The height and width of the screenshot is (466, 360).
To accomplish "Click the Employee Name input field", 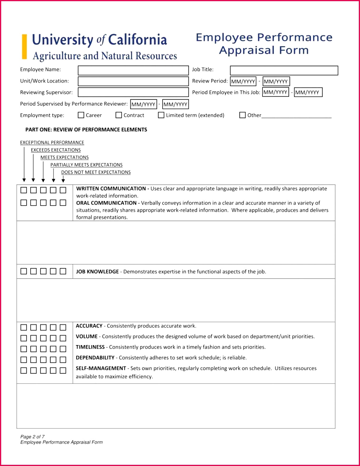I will coord(133,70).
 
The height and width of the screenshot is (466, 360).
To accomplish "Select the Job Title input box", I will coord(284,70).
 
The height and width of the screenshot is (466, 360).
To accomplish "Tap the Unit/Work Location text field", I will coord(133,81).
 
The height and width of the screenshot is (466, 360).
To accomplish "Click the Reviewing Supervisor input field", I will coord(133,92).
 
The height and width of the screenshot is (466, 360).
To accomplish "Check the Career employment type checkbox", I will coord(81,115).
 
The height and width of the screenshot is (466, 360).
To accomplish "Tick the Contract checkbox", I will coord(119,115).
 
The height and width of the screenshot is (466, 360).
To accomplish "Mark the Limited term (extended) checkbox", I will coord(161,115).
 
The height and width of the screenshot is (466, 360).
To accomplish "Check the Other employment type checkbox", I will coord(243,115).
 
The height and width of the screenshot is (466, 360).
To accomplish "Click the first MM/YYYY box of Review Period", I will coord(243,81).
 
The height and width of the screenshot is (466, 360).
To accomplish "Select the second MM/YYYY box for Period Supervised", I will coord(175,104).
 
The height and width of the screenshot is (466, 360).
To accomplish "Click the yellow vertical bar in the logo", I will coord(25,47).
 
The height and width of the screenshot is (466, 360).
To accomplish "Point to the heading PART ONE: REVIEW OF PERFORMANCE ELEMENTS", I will coord(86,129).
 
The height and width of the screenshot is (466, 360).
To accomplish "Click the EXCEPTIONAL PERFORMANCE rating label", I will coord(52,142).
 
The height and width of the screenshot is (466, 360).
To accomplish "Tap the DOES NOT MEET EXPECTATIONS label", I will coord(96,172).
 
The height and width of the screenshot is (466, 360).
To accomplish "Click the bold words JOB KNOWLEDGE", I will coord(97,272).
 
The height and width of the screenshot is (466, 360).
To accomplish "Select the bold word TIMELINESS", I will coord(90,347).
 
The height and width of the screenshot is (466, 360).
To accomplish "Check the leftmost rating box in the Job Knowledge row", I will coord(24,271).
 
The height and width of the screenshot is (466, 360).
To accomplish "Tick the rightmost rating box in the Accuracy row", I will coord(63,327).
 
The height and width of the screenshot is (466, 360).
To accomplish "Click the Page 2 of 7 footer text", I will coord(33,436).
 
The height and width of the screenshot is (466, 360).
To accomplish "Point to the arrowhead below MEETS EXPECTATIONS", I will coord(43,180).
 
